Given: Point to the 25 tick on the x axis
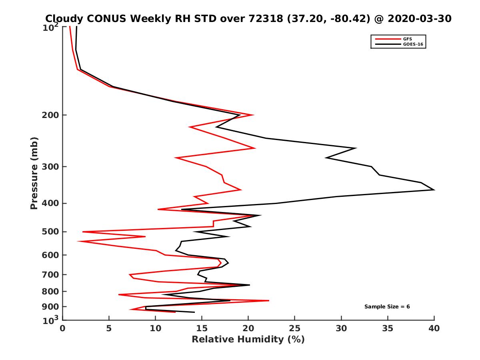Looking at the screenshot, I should click(295, 328).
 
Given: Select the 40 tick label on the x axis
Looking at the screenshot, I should click(434, 328).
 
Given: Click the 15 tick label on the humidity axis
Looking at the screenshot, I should click(202, 328).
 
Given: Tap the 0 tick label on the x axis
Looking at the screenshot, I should click(62, 328).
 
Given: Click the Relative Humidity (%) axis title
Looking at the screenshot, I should click(248, 340).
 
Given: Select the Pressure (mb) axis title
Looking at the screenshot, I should click(34, 173).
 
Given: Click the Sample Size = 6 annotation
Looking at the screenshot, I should click(387, 307).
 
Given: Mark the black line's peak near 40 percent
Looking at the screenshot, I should click(434, 190).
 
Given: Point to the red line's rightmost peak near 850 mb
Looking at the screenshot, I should click(269, 300).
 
